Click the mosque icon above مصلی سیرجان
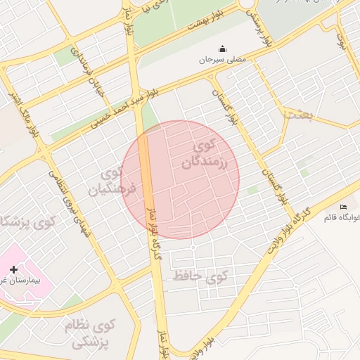223,49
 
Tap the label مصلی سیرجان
222,60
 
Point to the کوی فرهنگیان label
110,181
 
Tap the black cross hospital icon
13,269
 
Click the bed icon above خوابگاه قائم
343,207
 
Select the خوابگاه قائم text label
342,217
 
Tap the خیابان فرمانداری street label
94,71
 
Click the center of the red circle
180,180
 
